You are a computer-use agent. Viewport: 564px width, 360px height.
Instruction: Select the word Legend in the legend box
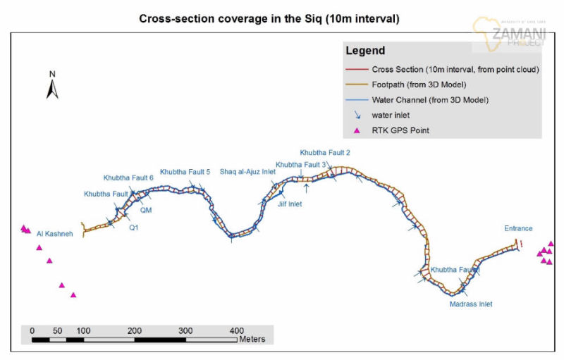[x=365, y=51]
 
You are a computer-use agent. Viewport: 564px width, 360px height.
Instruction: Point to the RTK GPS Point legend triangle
[x=357, y=131]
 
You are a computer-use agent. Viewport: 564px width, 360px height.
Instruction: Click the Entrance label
[x=518, y=228]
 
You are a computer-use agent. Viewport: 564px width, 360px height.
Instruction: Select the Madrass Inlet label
[x=471, y=304]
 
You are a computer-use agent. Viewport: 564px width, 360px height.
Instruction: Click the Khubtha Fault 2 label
[x=325, y=152]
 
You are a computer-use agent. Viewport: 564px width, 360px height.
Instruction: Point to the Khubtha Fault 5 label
[x=185, y=172]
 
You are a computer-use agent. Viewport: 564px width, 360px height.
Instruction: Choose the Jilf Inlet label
[x=286, y=204]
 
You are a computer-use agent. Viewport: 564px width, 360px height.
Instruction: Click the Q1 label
[x=133, y=228]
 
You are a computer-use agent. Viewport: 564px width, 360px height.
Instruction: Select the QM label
[x=146, y=210]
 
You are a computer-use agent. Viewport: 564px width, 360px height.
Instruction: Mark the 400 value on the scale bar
[x=237, y=330]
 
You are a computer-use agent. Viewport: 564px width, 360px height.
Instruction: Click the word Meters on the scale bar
[x=252, y=340]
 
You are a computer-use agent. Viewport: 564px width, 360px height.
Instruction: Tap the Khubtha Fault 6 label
[x=128, y=178]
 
